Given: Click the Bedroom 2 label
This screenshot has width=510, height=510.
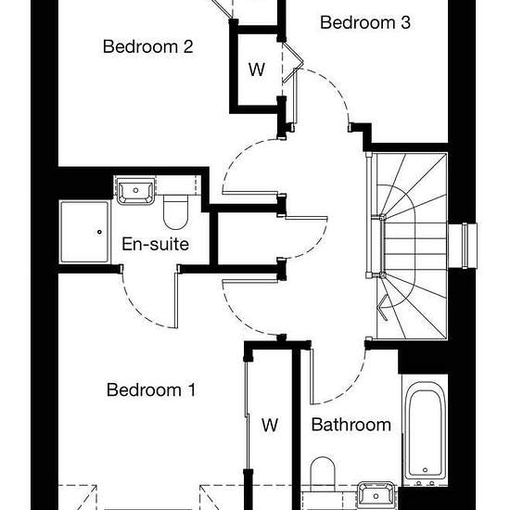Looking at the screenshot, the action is click(148, 46).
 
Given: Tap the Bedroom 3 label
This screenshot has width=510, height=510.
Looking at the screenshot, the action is click(365, 22).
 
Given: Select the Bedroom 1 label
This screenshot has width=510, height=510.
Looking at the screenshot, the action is click(151, 389).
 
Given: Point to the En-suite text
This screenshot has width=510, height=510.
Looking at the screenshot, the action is click(155, 244).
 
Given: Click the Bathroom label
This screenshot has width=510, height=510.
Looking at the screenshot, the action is click(351, 425).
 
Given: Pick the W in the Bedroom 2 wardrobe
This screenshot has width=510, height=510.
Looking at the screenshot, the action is click(257, 70).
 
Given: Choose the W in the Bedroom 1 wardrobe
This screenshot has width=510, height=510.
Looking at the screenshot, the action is click(270, 425).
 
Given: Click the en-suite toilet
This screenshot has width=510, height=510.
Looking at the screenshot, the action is click(175, 211).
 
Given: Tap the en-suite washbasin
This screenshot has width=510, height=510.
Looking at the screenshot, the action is click(135, 191).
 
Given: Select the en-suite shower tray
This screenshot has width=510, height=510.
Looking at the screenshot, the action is click(84, 232).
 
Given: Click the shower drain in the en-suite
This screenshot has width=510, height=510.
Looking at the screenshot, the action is click(99, 232).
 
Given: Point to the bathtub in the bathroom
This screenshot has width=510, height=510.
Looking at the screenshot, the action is click(425, 430).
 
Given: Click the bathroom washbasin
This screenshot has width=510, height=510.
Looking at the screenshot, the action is click(376, 495).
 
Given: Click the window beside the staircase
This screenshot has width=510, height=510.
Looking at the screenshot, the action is click(465, 246).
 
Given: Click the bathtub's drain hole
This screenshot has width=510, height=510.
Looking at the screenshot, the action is click(425, 470).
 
